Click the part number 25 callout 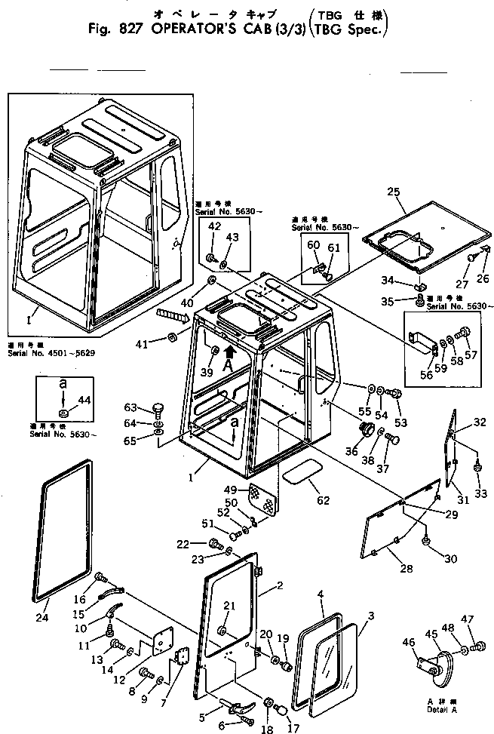coord(393,192)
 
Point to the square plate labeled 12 coord(159,639)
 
